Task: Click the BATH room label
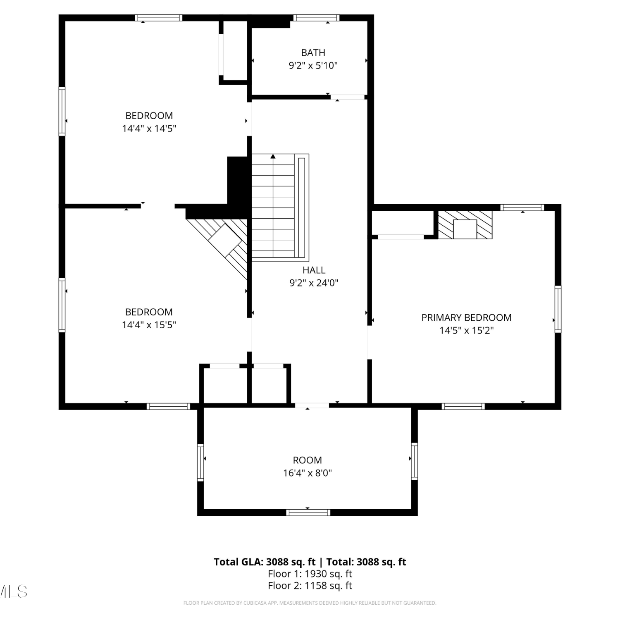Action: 313,52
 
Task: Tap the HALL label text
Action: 314,270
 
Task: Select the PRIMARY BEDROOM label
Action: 466,317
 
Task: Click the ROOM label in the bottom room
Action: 307,460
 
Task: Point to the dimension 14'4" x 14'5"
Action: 149,129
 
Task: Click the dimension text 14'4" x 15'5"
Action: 149,325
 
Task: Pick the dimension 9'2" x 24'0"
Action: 314,283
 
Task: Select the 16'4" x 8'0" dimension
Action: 307,473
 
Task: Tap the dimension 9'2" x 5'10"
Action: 313,65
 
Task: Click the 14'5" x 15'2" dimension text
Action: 466,330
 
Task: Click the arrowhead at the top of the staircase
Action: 273,156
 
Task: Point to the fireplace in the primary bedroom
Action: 465,225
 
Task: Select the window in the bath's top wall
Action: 316,18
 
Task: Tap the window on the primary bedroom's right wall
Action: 558,309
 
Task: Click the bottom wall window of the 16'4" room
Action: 308,513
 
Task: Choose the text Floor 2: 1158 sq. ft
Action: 310,585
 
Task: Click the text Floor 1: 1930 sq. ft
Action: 310,574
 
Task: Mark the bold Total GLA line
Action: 310,562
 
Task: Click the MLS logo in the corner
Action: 13,591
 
